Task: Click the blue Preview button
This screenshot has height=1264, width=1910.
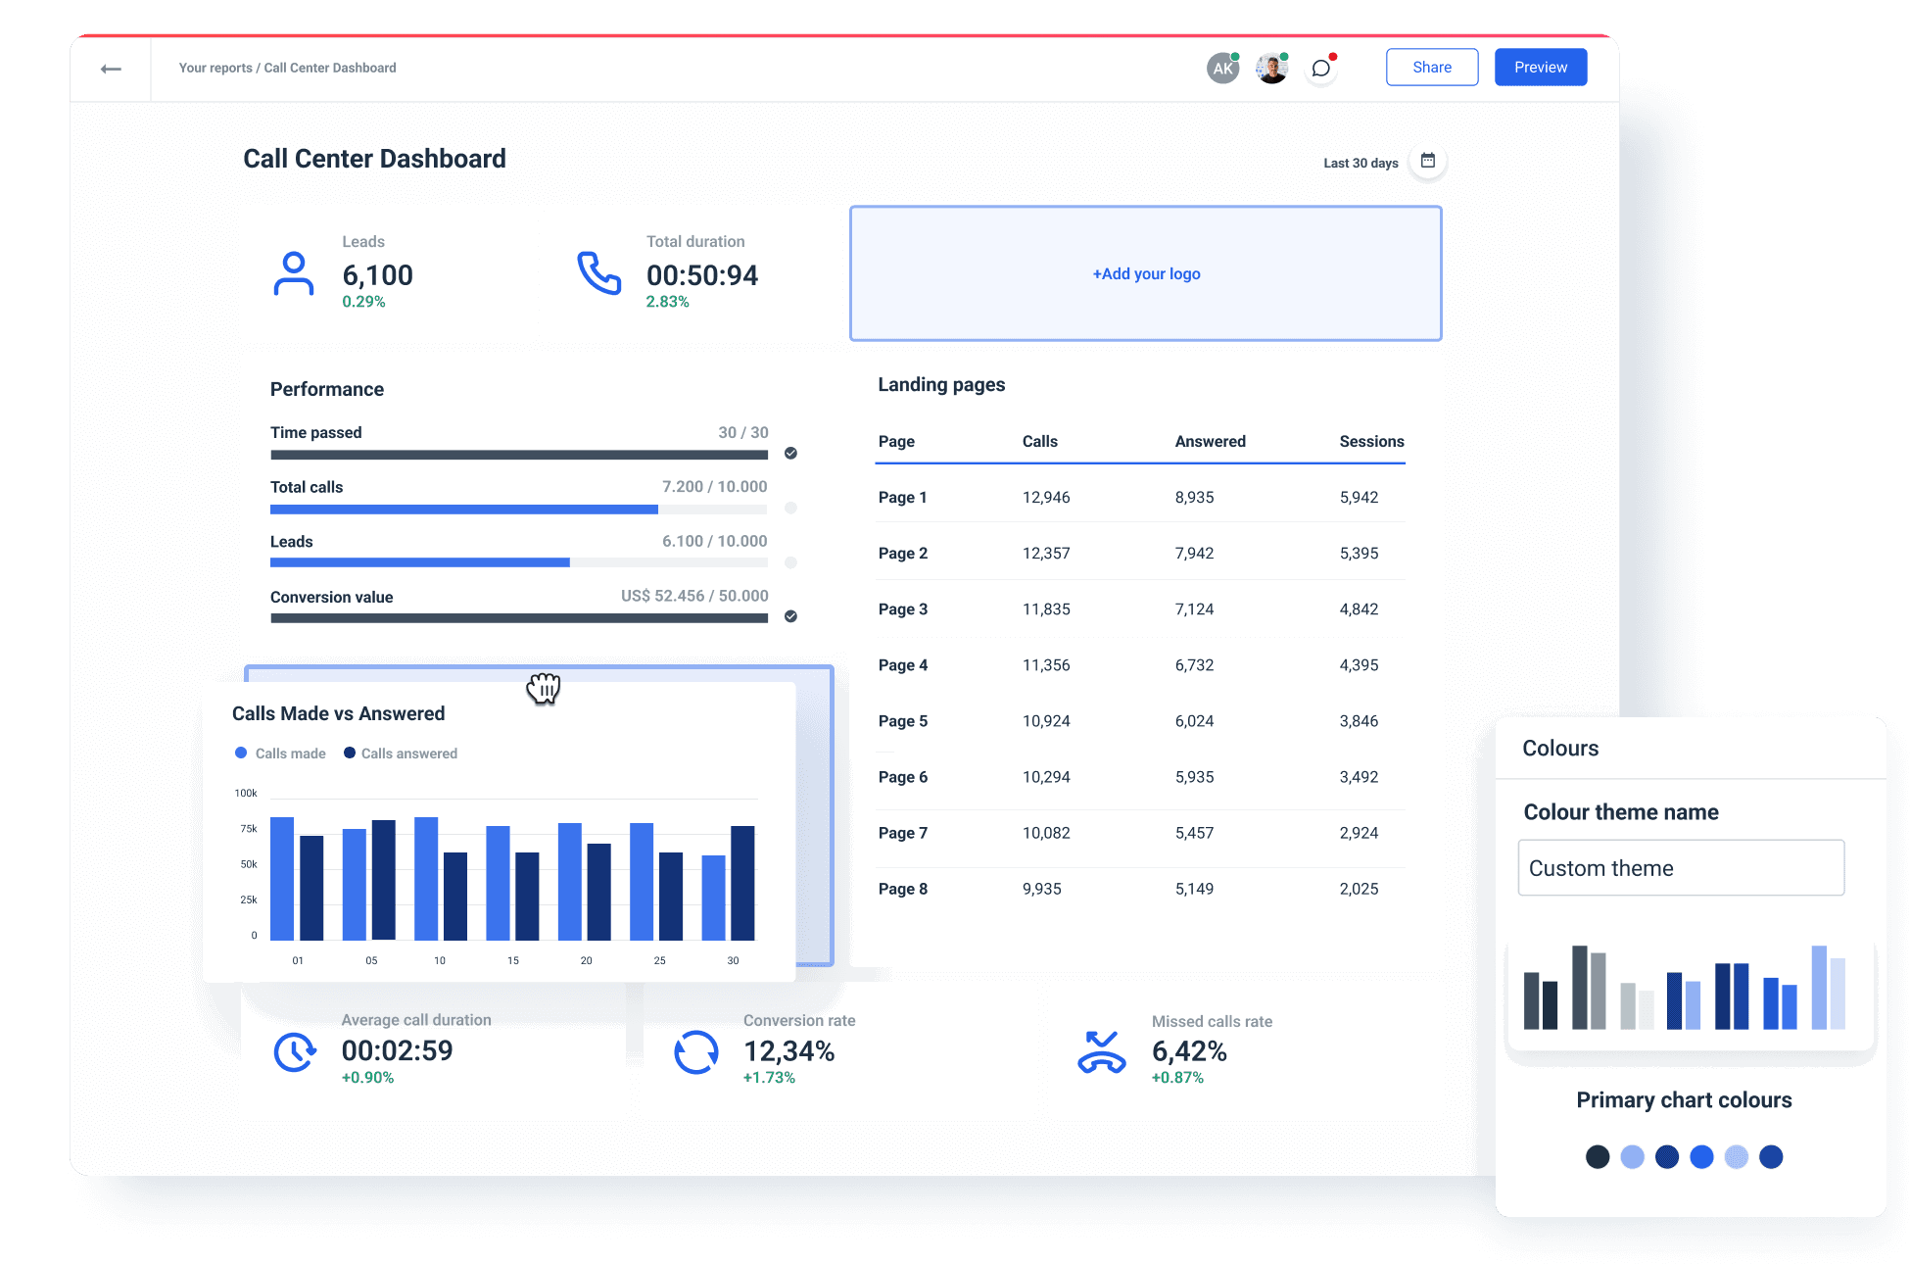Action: point(1540,68)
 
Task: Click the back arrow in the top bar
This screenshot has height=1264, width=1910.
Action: point(111,69)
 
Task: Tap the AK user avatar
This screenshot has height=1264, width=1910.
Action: point(1221,69)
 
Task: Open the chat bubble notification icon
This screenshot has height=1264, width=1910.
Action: point(1320,69)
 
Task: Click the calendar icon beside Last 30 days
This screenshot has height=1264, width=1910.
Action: point(1427,161)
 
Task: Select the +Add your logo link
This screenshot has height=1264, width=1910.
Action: point(1146,274)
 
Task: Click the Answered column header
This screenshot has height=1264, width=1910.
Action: point(1210,442)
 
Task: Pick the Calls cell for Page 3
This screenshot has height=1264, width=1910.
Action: point(1046,609)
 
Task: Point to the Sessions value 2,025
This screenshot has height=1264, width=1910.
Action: point(1359,889)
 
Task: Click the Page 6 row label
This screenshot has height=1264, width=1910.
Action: point(902,777)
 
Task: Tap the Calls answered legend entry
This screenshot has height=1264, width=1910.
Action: point(401,754)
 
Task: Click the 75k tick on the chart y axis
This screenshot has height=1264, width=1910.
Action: point(249,829)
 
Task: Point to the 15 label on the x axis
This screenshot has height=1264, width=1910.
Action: point(513,960)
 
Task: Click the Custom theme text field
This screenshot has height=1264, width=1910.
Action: point(1680,868)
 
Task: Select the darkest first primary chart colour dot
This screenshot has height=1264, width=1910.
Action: point(1597,1157)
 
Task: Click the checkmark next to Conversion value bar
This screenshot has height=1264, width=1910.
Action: point(790,616)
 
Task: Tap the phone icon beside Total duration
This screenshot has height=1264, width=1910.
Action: point(598,273)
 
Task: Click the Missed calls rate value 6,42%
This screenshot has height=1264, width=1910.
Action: point(1188,1051)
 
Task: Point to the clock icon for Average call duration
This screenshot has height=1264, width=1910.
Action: point(294,1052)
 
